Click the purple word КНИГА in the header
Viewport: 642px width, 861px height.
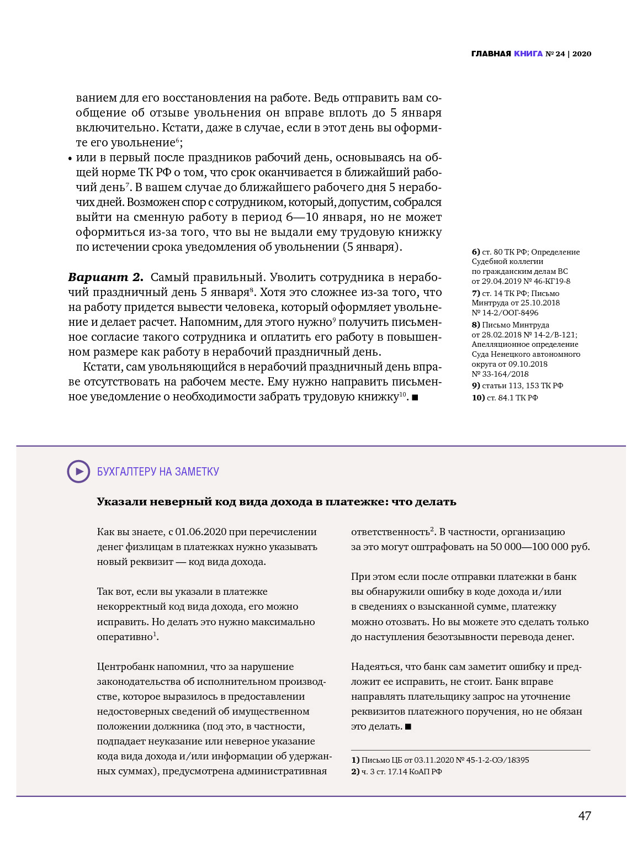[528, 54]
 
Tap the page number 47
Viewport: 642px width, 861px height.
[585, 816]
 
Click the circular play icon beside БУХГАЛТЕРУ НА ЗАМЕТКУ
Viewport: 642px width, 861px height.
[78, 472]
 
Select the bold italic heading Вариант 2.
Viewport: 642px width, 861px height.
[105, 277]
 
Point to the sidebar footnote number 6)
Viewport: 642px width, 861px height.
[476, 252]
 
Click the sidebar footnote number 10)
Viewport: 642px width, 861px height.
[478, 398]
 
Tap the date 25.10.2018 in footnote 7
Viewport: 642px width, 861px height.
[541, 303]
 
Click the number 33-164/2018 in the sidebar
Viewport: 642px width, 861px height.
[500, 374]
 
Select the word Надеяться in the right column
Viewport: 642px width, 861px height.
[374, 667]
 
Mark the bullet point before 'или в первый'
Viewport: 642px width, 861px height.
[70, 159]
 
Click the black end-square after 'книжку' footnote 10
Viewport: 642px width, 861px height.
[415, 398]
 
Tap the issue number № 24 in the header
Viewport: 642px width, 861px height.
[555, 54]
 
